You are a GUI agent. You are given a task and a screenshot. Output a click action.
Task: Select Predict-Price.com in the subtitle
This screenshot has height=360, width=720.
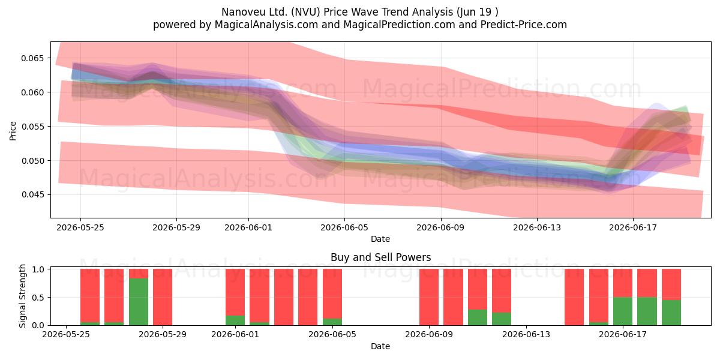[524, 25]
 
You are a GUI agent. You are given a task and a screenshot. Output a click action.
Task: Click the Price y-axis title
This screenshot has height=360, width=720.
[13, 131]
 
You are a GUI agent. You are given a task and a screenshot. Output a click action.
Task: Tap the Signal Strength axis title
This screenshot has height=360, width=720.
[22, 296]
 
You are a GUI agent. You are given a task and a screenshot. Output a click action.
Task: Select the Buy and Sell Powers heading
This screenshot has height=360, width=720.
[380, 257]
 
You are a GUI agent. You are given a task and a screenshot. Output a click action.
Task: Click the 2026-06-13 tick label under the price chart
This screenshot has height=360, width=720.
[537, 227]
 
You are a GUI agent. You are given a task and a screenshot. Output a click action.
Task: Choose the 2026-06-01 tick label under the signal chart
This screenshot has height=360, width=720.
[235, 334]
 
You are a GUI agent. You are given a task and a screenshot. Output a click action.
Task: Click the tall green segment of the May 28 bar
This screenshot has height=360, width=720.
[139, 301]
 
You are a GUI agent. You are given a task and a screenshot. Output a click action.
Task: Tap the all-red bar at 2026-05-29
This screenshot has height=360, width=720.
[163, 297]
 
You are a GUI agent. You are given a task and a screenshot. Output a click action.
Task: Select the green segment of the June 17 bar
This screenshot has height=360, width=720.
[623, 311]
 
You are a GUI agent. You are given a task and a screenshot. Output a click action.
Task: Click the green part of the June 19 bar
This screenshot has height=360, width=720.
[671, 313]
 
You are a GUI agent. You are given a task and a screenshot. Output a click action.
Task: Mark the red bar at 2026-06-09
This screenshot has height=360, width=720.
[429, 297]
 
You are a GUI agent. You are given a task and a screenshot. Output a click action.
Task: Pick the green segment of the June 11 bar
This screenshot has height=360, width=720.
[478, 317]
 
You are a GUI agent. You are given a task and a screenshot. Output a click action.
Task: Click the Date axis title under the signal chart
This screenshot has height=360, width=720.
[380, 346]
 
